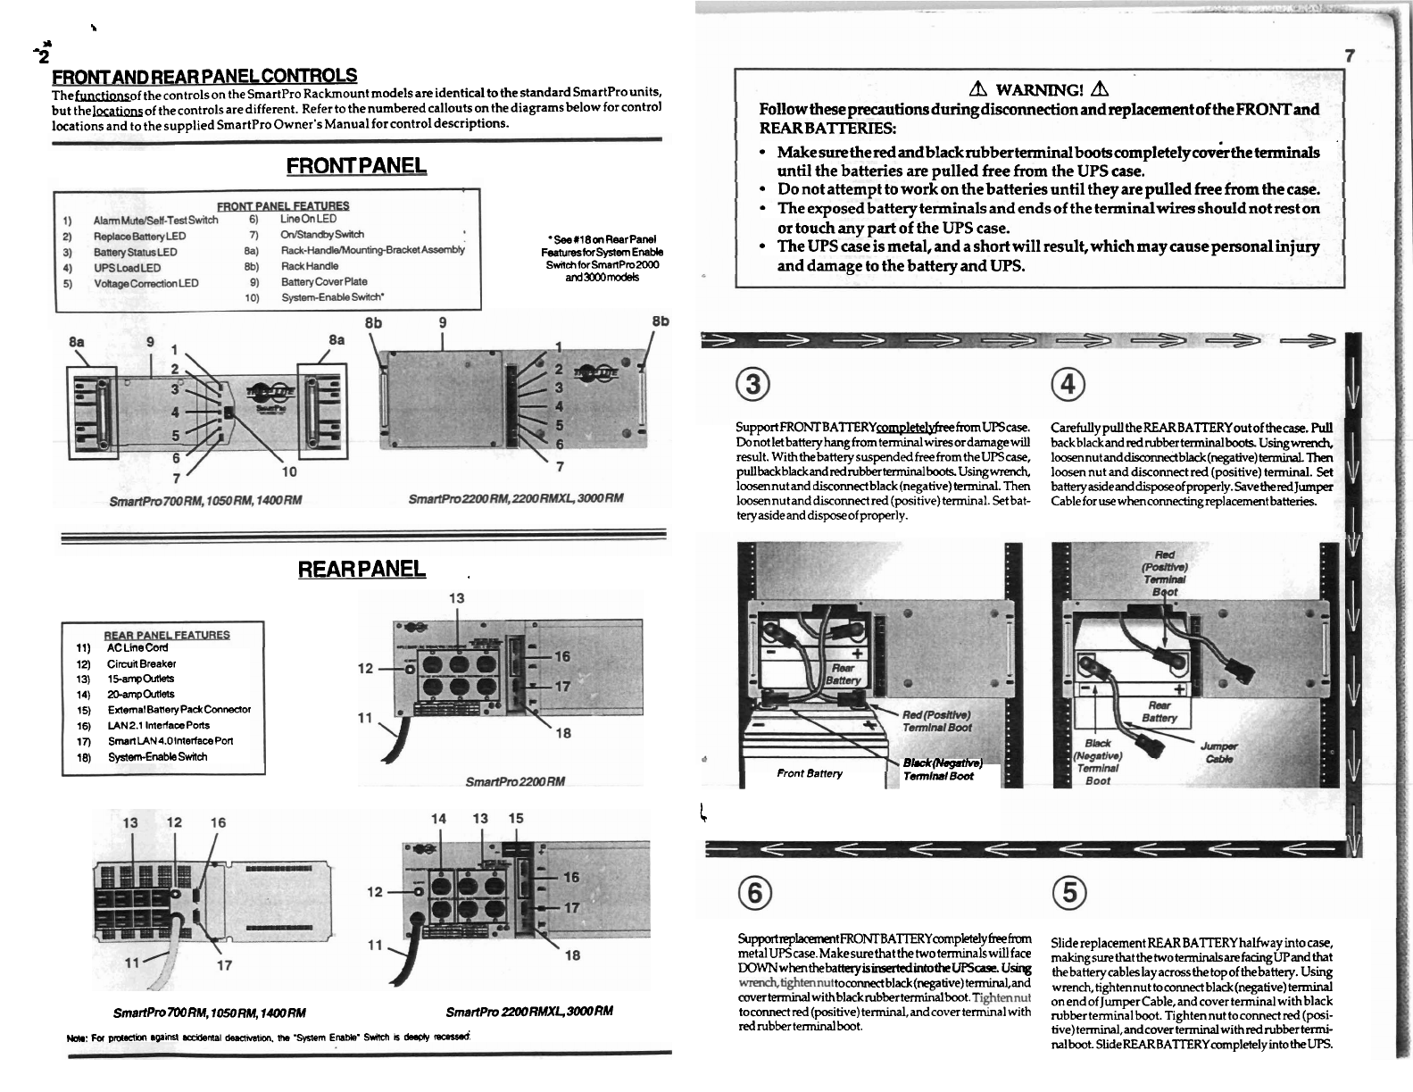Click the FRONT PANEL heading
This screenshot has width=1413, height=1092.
point(356,166)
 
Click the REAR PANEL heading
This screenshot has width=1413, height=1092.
point(362,569)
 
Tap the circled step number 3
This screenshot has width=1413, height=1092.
point(754,385)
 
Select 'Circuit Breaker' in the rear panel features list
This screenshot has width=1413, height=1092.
point(141,663)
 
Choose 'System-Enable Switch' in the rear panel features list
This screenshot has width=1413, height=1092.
point(157,756)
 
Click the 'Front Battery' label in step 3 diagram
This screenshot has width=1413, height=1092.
point(810,773)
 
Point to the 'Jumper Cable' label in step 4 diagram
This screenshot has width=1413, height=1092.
point(1218,752)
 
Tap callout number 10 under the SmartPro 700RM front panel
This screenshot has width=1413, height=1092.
point(289,471)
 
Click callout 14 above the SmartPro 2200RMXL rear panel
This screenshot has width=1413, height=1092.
point(438,818)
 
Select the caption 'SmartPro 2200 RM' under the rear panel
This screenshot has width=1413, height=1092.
point(516,782)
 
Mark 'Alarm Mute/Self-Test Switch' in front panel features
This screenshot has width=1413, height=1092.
point(155,220)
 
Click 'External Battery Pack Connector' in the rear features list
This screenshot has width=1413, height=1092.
point(179,709)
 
